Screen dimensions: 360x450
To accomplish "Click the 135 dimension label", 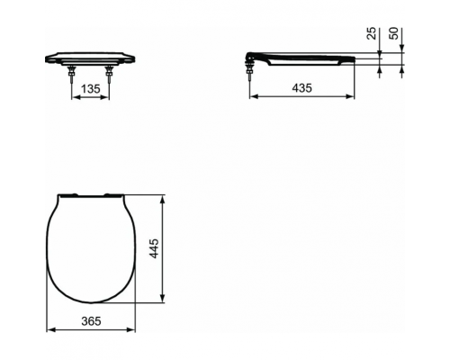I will pos(90,89).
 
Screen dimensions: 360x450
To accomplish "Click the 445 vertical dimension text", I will pos(155,247).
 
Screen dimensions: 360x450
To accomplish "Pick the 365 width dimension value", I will pos(90,321).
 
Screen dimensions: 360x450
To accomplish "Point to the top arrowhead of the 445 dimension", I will pos(162,197).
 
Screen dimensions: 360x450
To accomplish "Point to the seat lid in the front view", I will pos(90,58).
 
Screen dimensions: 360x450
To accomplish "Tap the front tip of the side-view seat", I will pos(353,58).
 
